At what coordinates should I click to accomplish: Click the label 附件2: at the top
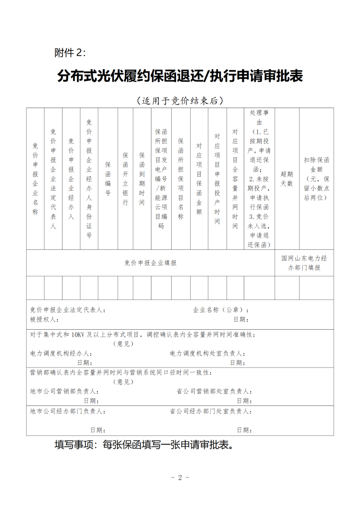click(70, 53)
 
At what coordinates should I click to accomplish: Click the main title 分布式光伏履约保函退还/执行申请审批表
click(180, 76)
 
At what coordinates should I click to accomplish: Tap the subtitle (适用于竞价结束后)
click(180, 101)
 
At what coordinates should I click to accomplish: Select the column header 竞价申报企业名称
click(35, 179)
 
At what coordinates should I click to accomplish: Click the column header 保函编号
click(108, 179)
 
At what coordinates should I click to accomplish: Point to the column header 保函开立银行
click(125, 179)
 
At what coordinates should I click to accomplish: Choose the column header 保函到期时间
click(142, 179)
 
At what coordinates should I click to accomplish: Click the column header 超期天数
click(287, 179)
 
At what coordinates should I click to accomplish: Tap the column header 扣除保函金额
click(316, 179)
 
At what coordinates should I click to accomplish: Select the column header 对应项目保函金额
click(199, 179)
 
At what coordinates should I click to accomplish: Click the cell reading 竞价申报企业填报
click(150, 263)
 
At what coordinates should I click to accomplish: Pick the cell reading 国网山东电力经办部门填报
click(304, 263)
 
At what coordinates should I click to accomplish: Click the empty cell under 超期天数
click(287, 288)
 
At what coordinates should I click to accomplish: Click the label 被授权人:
click(44, 320)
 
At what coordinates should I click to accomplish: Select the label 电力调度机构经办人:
click(61, 353)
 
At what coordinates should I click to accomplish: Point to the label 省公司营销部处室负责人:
click(214, 391)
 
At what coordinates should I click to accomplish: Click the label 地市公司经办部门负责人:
click(68, 411)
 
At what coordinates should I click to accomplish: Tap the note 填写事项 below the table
click(144, 445)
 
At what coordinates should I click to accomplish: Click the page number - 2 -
click(180, 478)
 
